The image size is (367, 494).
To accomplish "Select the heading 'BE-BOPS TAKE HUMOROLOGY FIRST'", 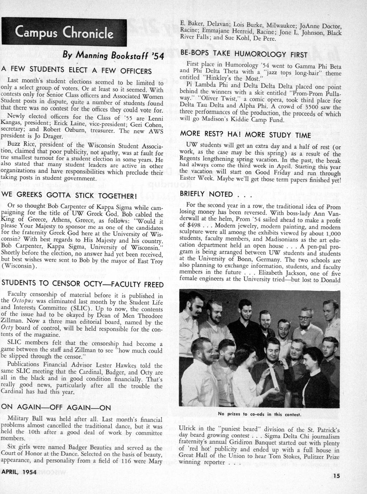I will [243, 55].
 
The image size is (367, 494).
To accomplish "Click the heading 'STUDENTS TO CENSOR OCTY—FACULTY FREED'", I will [82, 284].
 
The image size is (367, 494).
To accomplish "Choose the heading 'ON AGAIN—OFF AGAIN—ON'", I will [56, 407].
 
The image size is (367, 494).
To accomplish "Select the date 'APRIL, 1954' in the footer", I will [19, 472].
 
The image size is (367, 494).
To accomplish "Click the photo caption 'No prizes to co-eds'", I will [260, 415].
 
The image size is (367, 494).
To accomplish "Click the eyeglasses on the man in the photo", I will [305, 318].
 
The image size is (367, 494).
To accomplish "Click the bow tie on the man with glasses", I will [305, 330].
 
